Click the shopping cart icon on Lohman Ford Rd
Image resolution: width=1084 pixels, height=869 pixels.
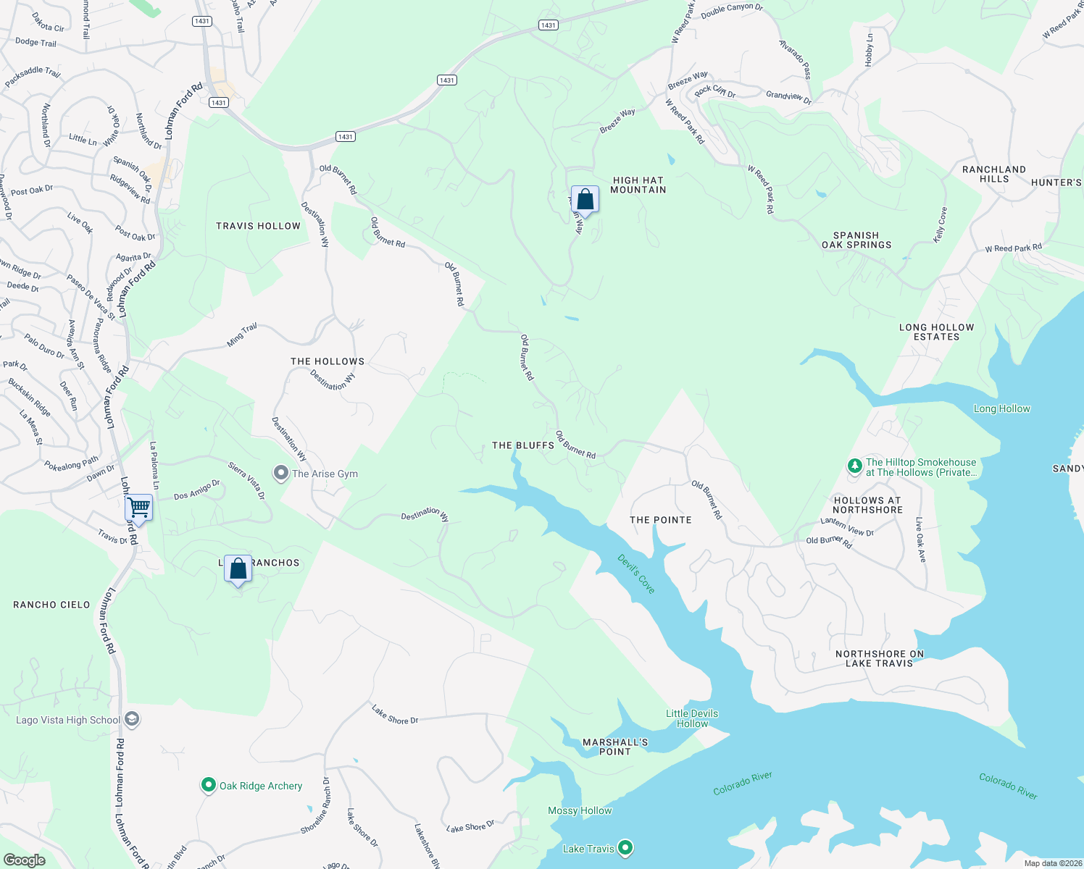[138, 508]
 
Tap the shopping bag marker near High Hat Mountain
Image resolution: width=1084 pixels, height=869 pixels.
[585, 200]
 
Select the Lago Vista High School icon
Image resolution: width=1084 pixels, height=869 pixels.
[131, 719]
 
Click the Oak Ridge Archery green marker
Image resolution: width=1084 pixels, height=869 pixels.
[209, 785]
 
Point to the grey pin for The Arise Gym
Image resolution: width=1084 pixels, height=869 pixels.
[280, 473]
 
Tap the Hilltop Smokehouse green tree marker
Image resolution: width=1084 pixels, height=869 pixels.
[855, 466]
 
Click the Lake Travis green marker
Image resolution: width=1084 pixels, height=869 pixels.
[625, 847]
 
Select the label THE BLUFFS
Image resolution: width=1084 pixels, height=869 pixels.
[523, 445]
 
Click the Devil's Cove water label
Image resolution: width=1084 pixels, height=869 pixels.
[636, 574]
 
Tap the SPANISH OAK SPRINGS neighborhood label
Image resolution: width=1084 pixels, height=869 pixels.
[856, 240]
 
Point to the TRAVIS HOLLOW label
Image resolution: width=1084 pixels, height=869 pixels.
[258, 226]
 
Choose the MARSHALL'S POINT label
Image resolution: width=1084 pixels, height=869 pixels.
[615, 747]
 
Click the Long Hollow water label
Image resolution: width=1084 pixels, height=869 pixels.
[1001, 408]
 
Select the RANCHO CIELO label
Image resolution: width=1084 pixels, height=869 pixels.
[51, 605]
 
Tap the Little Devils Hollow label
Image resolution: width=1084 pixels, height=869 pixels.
[692, 718]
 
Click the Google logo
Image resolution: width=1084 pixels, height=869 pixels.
[24, 860]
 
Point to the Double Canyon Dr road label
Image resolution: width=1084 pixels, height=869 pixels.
[732, 10]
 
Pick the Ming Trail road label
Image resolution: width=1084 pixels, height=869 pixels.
[242, 335]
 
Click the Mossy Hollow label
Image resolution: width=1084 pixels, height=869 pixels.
[580, 810]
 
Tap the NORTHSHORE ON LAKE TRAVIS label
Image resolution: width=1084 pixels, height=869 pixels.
[880, 658]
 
